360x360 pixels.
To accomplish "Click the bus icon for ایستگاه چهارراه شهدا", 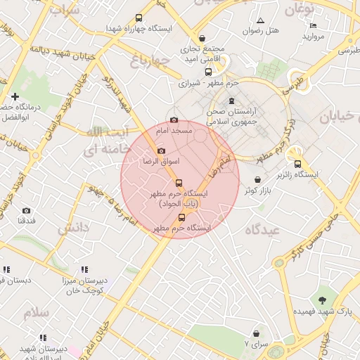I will click(139, 18).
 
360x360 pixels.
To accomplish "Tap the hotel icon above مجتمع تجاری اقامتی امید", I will click(202, 39).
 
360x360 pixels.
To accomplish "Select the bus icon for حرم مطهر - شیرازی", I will click(208, 72).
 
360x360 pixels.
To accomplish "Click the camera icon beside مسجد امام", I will click(174, 120).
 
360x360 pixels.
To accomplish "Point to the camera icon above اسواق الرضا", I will click(161, 151).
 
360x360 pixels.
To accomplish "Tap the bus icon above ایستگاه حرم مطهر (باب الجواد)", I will click(179, 183).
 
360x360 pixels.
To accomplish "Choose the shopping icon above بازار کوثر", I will click(258, 180).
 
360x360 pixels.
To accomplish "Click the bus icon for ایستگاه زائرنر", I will click(297, 164).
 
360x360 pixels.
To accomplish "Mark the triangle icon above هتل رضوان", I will click(261, 20).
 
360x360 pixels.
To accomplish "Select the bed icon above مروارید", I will click(314, 26).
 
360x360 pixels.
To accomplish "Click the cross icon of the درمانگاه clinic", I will click(15, 96).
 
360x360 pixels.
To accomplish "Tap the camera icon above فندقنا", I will click(27, 210).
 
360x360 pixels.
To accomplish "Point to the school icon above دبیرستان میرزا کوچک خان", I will click(84, 269).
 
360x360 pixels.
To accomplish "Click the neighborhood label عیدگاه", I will click(263, 230).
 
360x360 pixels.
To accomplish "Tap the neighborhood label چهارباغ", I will click(150, 61).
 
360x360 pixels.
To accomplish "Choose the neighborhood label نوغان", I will click(299, 9).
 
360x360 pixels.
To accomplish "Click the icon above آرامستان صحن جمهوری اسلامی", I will click(232, 101).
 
